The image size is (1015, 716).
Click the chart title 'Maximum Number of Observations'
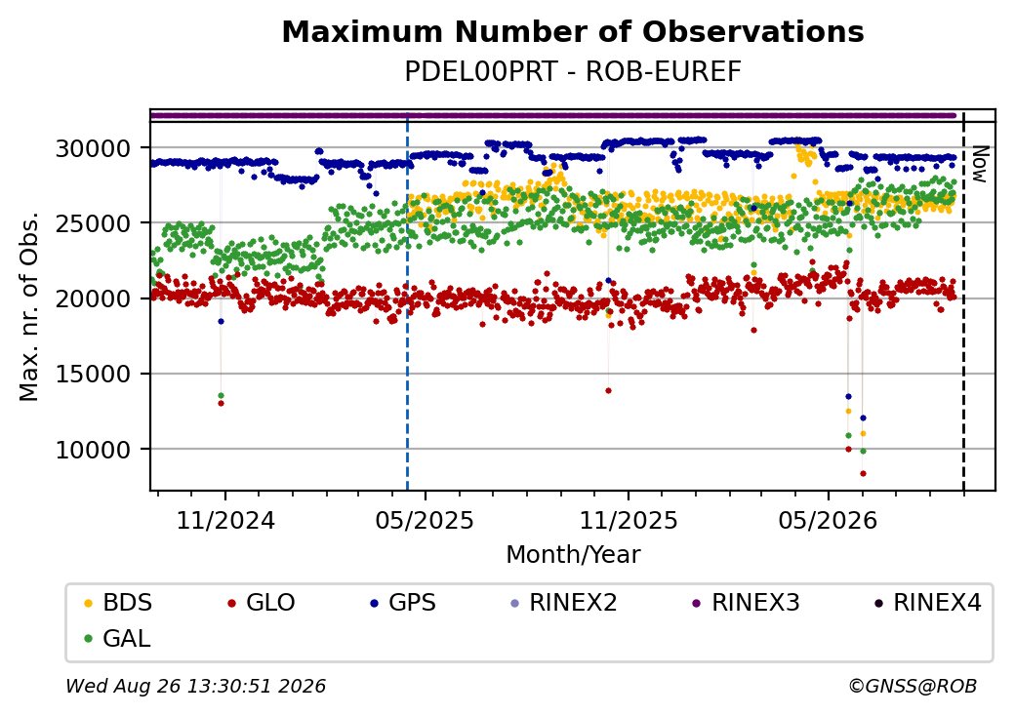[x=573, y=31]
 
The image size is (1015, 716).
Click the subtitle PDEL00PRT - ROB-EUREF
[x=573, y=72]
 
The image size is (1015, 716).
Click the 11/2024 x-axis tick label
[x=225, y=521]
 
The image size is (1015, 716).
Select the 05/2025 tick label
[x=425, y=521]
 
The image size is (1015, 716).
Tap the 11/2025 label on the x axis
[x=628, y=521]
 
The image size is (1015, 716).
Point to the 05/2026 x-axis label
[x=828, y=521]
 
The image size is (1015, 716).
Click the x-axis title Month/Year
[x=573, y=555]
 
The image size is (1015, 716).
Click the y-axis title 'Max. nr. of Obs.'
[x=29, y=306]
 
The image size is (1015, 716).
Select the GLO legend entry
[x=262, y=603]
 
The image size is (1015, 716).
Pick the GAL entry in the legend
[x=117, y=638]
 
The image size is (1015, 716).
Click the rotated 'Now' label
[x=981, y=164]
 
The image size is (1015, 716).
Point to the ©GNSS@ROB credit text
[x=913, y=686]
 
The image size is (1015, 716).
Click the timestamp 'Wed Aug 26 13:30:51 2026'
[x=196, y=686]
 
